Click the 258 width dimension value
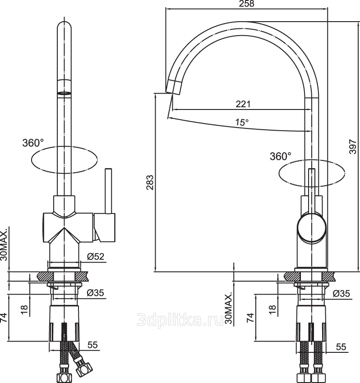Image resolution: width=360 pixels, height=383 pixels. [x=246, y=4]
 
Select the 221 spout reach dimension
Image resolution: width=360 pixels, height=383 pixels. [x=243, y=104]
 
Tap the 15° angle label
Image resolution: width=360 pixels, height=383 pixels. [x=242, y=122]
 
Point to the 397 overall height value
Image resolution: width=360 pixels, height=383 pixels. [x=353, y=146]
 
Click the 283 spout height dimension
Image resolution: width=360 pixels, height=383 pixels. [x=150, y=182]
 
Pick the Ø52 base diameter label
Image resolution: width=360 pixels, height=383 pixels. [x=96, y=256]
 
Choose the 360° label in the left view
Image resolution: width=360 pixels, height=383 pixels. [x=33, y=143]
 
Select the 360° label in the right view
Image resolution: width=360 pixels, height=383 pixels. [x=281, y=156]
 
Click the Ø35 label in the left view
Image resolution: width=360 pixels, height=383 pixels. [x=95, y=292]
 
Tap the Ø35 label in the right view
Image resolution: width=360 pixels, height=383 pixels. [x=342, y=294]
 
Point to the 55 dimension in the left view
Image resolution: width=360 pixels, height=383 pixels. [x=92, y=345]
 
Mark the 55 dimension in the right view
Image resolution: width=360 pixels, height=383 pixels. [x=341, y=347]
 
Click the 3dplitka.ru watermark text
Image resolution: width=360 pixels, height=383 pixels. [x=180, y=319]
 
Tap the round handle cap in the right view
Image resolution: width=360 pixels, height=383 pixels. [x=312, y=227]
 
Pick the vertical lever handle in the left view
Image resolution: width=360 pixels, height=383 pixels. [x=108, y=191]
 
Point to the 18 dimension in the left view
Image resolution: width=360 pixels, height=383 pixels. [x=24, y=310]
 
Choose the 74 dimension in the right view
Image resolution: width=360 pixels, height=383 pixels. [x=250, y=318]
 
